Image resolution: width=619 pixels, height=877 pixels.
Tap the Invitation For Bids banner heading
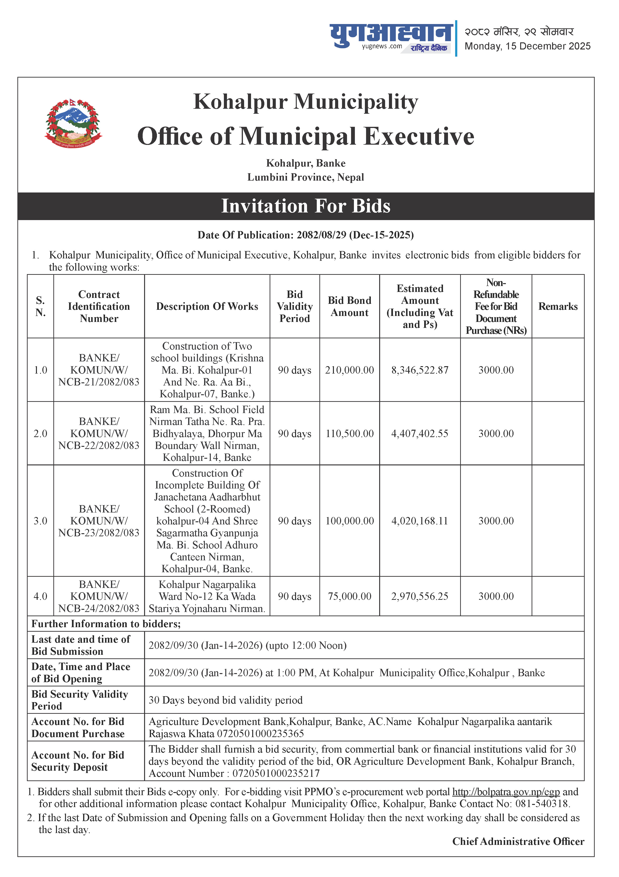point(306,206)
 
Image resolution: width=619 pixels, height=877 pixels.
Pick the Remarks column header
point(558,306)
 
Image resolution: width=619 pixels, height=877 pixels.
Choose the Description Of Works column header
point(207,306)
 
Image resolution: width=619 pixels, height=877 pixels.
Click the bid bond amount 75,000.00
point(349,596)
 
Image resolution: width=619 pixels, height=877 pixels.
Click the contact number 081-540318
point(542,804)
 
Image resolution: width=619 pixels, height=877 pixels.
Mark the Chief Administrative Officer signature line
point(518,842)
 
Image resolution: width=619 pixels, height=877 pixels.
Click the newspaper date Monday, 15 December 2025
point(527,46)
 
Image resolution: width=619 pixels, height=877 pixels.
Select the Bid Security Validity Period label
point(80,700)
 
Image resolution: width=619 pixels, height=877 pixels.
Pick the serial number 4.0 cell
point(40,596)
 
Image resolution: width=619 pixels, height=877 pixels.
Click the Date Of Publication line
point(306,235)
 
